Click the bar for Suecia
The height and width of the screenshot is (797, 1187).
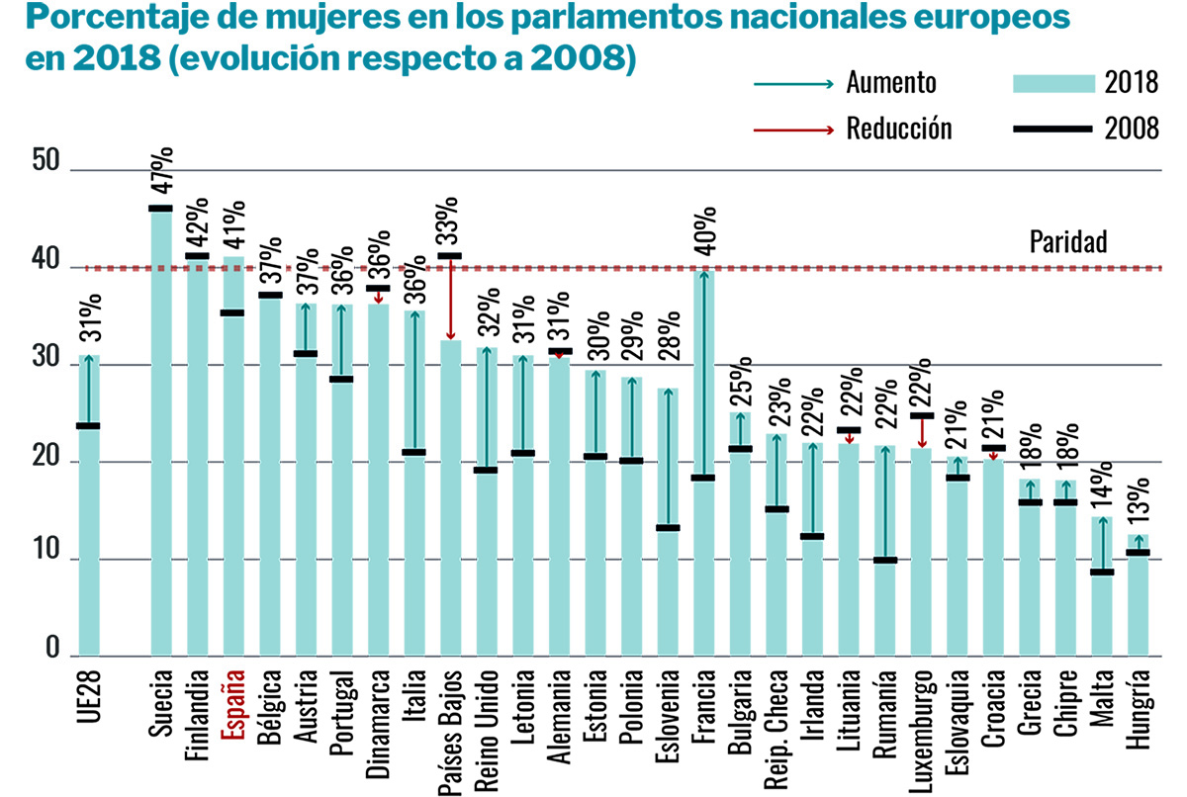(161, 435)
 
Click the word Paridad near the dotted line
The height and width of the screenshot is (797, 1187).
(1067, 243)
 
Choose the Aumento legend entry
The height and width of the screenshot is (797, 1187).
(890, 84)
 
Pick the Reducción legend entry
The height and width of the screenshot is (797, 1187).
(898, 130)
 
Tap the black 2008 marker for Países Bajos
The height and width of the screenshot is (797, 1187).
(450, 256)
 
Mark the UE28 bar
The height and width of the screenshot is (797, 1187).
(89, 504)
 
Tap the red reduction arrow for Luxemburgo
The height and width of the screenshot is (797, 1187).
(922, 432)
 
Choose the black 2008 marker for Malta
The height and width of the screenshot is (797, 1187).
(1103, 572)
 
